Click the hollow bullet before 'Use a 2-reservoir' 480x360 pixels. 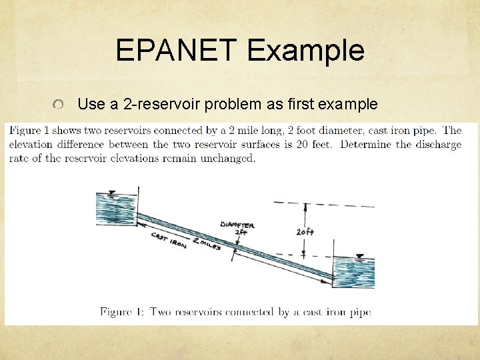point(60,105)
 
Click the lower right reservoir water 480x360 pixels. point(353,273)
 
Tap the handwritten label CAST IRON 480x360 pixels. point(169,239)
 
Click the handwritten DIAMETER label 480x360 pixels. point(237,225)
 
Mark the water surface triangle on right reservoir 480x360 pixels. point(361,256)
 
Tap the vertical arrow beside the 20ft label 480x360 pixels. point(303,230)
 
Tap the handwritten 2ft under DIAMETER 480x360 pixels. point(243,233)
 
